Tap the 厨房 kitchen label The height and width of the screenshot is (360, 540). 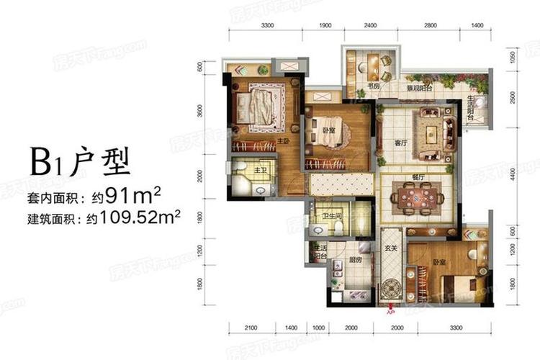[x=355, y=262]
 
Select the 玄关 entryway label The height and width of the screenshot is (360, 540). [x=391, y=251]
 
